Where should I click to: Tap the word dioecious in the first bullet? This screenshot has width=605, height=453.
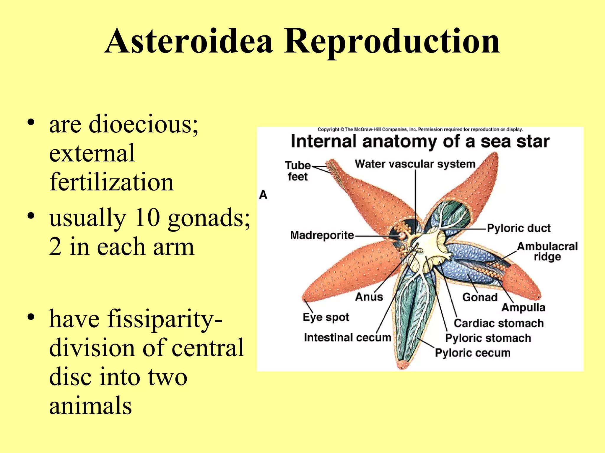point(144,124)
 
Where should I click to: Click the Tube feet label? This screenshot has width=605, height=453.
point(297,171)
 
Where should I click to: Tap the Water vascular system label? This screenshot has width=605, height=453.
point(415,164)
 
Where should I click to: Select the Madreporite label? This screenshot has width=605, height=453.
point(322,235)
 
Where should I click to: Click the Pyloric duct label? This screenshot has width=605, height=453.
point(519,228)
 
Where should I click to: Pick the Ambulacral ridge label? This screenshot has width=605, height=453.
point(547,251)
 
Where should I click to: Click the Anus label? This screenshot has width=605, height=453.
point(369,297)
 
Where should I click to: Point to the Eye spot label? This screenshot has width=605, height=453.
point(326,317)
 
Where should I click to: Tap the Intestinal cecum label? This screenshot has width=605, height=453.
point(347,337)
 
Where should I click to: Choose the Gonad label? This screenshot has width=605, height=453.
point(480,297)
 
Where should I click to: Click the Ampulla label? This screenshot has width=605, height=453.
point(523,308)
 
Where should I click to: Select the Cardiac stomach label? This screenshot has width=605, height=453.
point(499,323)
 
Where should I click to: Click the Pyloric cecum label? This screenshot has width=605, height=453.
point(473,353)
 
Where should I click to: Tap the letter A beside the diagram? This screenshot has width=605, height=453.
point(263,195)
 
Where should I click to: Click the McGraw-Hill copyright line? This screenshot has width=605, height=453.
point(420,129)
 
